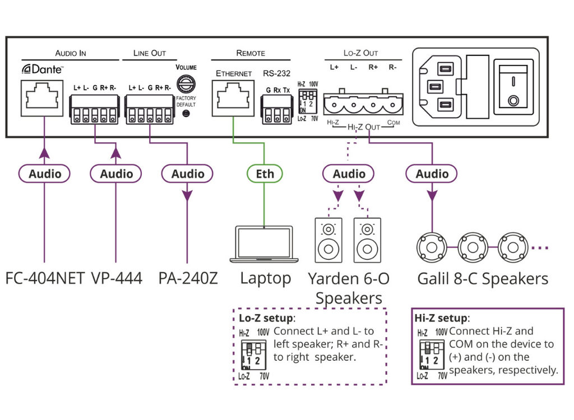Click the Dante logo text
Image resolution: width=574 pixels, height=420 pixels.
[43, 69]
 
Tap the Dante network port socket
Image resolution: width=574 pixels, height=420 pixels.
[41, 98]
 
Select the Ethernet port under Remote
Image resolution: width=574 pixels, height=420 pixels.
[233, 99]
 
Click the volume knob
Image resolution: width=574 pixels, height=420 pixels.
[186, 84]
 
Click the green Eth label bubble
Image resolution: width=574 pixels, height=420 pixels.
[265, 174]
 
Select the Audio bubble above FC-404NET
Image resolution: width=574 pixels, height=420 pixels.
[44, 174]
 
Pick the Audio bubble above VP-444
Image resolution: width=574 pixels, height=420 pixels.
[116, 174]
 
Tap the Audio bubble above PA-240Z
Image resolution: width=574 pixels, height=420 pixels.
[187, 174]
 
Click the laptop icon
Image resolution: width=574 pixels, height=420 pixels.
[264, 244]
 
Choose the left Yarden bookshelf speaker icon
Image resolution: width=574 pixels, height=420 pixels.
[328, 240]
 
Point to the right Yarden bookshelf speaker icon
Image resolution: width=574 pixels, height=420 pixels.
[367, 240]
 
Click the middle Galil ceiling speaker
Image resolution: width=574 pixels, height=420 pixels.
[473, 248]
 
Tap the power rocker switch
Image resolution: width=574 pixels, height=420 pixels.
[513, 87]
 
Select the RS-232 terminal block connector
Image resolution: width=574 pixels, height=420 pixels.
[277, 110]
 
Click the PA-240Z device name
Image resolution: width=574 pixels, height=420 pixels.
[188, 278]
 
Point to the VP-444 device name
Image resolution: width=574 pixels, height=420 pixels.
[117, 278]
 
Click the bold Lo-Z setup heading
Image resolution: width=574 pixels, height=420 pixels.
[266, 318]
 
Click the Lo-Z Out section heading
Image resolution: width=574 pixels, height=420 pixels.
[360, 53]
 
